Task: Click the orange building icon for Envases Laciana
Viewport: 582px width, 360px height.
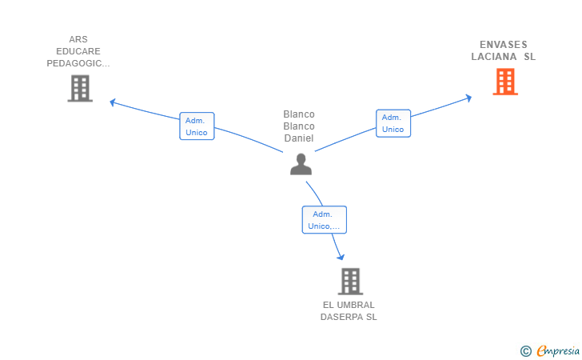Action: pos(505,82)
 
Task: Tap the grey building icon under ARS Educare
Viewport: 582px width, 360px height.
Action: pos(80,89)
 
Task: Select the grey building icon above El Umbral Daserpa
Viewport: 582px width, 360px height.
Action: pos(350,282)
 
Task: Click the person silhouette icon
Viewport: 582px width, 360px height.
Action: pos(301,164)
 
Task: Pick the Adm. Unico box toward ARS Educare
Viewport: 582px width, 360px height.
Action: pos(197,126)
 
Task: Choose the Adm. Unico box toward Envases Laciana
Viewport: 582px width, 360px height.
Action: pos(393,123)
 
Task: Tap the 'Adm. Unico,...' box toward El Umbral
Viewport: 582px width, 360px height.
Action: pos(324,219)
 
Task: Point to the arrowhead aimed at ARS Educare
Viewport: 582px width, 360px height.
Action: pos(113,102)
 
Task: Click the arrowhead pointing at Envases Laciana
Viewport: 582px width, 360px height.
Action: pos(468,98)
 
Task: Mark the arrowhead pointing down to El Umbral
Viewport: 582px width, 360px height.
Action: pos(341,257)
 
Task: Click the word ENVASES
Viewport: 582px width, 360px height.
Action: pos(504,45)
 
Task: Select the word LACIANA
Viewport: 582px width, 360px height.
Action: pos(494,57)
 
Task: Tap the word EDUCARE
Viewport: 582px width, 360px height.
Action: pos(78,51)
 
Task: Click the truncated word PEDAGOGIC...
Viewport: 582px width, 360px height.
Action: pos(78,63)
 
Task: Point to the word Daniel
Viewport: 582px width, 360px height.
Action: pos(299,138)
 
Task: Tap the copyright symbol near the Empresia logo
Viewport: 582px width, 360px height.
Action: pos(526,351)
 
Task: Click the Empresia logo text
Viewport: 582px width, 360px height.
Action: pos(558,350)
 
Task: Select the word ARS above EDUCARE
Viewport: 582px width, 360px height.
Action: pos(78,39)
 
